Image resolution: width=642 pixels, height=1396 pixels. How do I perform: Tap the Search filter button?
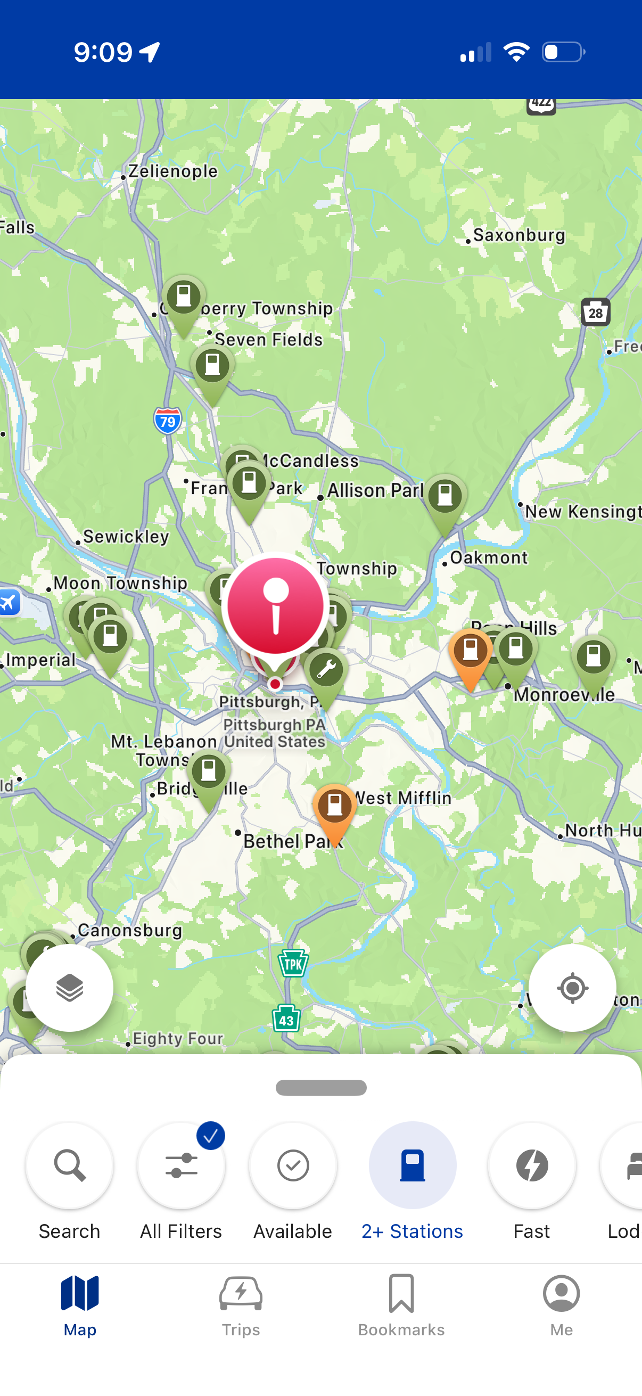coord(69,1165)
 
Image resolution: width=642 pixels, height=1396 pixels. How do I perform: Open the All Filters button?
coord(181,1165)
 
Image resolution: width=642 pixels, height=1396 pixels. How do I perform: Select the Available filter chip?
coord(293,1165)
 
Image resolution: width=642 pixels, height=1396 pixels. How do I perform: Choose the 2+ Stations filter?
coord(412,1165)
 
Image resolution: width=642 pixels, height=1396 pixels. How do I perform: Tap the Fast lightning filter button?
coord(531,1165)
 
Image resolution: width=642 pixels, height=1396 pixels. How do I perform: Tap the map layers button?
coord(69,988)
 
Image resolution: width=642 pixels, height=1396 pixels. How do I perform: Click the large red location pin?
coord(276,606)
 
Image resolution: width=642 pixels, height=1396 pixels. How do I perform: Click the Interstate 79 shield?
coord(167,421)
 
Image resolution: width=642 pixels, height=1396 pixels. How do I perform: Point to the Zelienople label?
coord(172,171)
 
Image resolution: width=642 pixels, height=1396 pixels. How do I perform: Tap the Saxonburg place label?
coord(518,235)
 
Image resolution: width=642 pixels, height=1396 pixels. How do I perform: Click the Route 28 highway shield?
coord(595,312)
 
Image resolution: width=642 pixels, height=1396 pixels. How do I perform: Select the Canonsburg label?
coord(130,930)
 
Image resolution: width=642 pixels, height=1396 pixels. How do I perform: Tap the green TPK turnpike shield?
coord(293,964)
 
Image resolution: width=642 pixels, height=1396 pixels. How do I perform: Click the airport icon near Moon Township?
coord(9,602)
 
